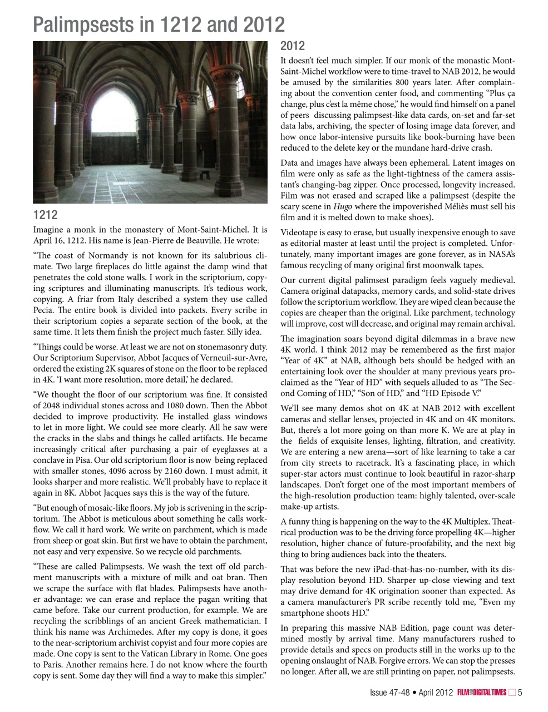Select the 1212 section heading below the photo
[x=45, y=215]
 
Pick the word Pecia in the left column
[x=45, y=310]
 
